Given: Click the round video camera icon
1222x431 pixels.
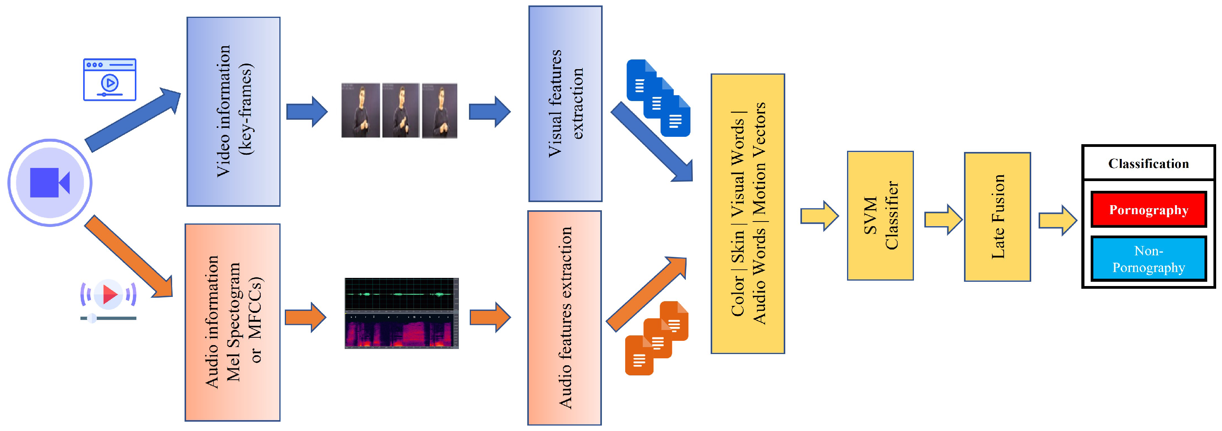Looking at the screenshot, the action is pyautogui.click(x=50, y=182).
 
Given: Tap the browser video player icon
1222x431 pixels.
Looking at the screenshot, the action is pyautogui.click(x=110, y=79).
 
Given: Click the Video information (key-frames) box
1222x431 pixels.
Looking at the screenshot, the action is pyautogui.click(x=234, y=112).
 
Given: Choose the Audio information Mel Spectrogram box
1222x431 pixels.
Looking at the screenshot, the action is pyautogui.click(x=232, y=322).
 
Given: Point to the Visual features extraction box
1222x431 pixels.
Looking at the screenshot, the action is pyautogui.click(x=565, y=103).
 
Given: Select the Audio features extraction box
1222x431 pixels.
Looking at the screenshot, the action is pyautogui.click(x=565, y=318).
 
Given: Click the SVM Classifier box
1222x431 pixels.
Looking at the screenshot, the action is pyautogui.click(x=880, y=215).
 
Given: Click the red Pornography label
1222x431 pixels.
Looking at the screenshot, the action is pyautogui.click(x=1149, y=209).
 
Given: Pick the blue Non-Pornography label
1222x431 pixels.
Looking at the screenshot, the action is pyautogui.click(x=1149, y=259).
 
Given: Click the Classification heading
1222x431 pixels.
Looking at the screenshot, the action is pyautogui.click(x=1149, y=163).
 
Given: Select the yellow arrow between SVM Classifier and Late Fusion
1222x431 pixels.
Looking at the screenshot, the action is pyautogui.click(x=943, y=219).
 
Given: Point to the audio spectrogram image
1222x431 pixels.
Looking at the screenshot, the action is pyautogui.click(x=401, y=313).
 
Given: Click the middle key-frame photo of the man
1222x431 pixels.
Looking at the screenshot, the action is pyautogui.click(x=401, y=111).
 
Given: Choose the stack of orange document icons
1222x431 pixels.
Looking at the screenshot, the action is pyautogui.click(x=657, y=338).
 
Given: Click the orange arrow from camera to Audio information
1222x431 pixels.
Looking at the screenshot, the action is pyautogui.click(x=129, y=257).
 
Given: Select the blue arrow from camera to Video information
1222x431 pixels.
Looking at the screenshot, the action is pyautogui.click(x=133, y=120).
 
